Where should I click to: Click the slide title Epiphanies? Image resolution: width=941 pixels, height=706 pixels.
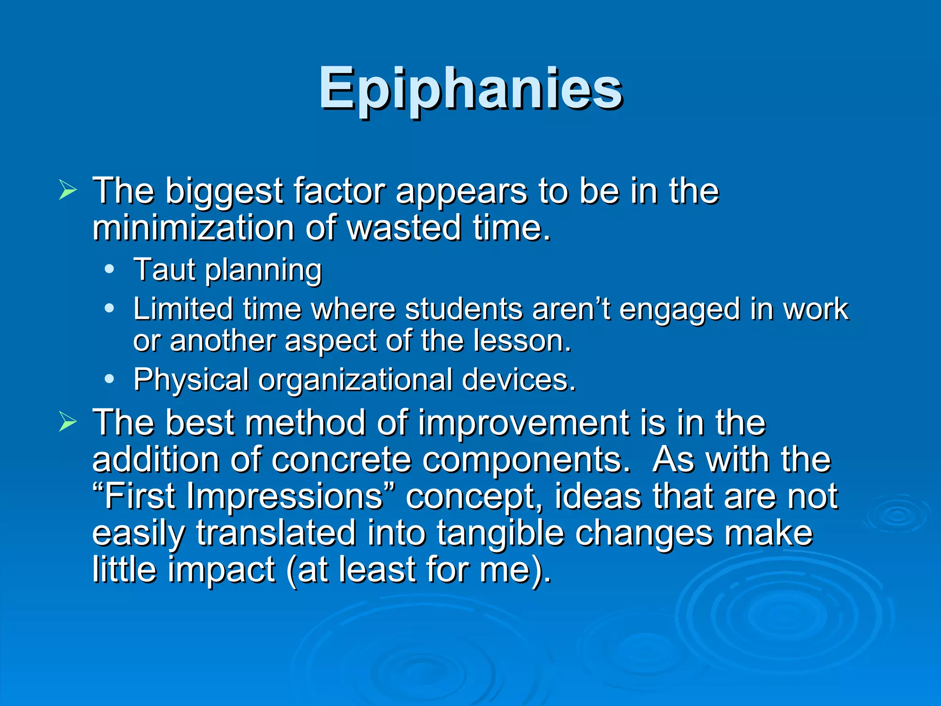[x=470, y=88]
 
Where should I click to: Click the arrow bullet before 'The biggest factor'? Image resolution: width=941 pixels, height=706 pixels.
[x=68, y=190]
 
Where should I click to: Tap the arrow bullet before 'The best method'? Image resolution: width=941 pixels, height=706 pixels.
[x=68, y=422]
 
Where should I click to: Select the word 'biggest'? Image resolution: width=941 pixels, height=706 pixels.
[x=224, y=191]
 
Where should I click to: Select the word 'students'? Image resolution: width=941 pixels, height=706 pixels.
[x=464, y=309]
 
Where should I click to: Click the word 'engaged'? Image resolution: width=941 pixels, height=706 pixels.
[x=680, y=310]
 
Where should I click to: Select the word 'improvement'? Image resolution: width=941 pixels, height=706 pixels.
[x=524, y=424]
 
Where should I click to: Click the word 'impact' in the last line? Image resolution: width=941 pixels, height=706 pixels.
[x=221, y=571]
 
